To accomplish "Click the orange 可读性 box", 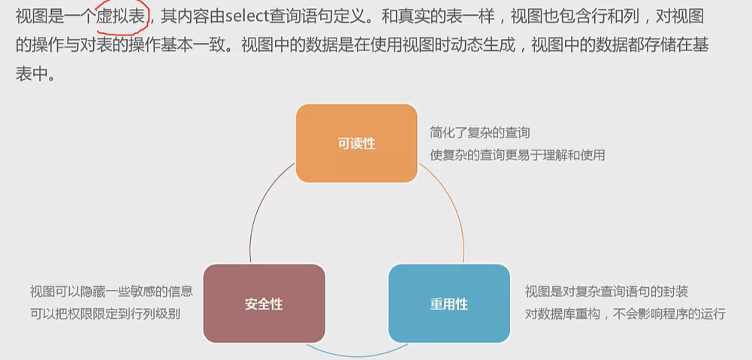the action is click(x=356, y=143).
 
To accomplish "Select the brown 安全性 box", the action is click(x=264, y=304).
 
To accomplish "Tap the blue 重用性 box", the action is click(x=448, y=304).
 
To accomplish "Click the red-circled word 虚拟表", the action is click(x=125, y=15).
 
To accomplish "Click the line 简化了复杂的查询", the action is click(x=480, y=132).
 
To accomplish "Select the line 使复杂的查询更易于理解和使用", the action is click(x=518, y=155).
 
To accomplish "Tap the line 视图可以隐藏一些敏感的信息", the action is click(x=111, y=292).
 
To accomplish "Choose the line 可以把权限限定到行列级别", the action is click(x=105, y=313).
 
